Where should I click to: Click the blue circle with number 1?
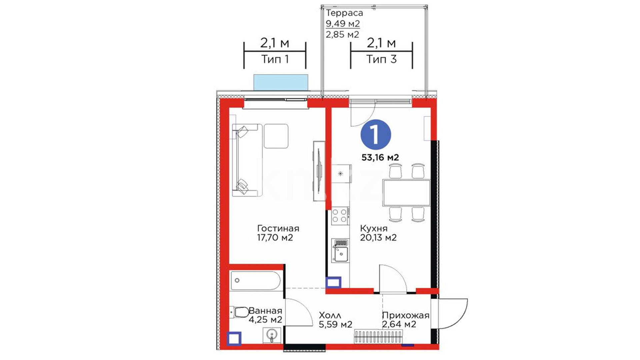click(376, 134)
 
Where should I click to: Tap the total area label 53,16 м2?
click(380, 157)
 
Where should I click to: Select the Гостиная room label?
click(278, 228)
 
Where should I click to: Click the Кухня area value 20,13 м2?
click(378, 238)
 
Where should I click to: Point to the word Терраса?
click(344, 13)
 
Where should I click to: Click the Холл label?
click(330, 315)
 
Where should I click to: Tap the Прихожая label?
click(406, 315)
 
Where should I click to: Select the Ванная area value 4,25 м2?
click(266, 320)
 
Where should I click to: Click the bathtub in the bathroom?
click(256, 280)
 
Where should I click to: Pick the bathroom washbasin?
click(272, 335)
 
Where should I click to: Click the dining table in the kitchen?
click(407, 193)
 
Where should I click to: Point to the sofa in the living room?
click(247, 160)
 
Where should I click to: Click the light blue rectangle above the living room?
click(281, 82)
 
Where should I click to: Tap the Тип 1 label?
click(275, 59)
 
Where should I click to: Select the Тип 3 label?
click(382, 59)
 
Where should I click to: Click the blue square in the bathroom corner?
click(234, 339)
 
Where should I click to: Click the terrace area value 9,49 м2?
click(343, 24)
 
